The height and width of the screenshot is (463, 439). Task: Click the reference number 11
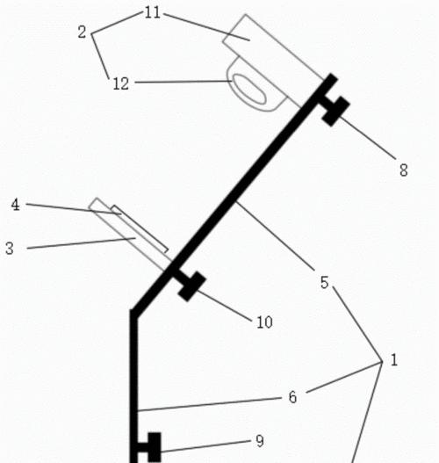point(153,13)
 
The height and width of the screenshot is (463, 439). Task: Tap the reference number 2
point(82,33)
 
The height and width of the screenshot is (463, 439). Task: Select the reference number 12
point(121,83)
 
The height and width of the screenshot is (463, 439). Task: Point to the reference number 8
point(404,170)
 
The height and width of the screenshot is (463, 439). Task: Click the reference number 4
point(15,205)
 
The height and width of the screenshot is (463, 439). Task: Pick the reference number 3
point(10,249)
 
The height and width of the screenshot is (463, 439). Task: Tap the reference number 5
point(324,283)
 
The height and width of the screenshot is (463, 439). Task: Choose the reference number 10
point(264,322)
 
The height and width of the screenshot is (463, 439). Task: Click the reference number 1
point(394,360)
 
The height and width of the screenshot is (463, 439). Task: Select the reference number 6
point(292,397)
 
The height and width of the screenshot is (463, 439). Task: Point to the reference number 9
point(260,441)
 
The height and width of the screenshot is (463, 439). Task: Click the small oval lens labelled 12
point(249,89)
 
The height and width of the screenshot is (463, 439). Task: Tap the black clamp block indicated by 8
point(336,111)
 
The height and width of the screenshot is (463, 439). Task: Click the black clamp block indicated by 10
point(191,286)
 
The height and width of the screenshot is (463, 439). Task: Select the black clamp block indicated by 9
point(155,447)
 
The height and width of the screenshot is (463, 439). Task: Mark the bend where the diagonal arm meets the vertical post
point(133,314)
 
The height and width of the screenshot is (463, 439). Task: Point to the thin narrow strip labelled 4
point(140,229)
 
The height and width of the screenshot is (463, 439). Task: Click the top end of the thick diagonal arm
point(333,77)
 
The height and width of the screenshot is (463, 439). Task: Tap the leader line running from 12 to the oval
point(183,82)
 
